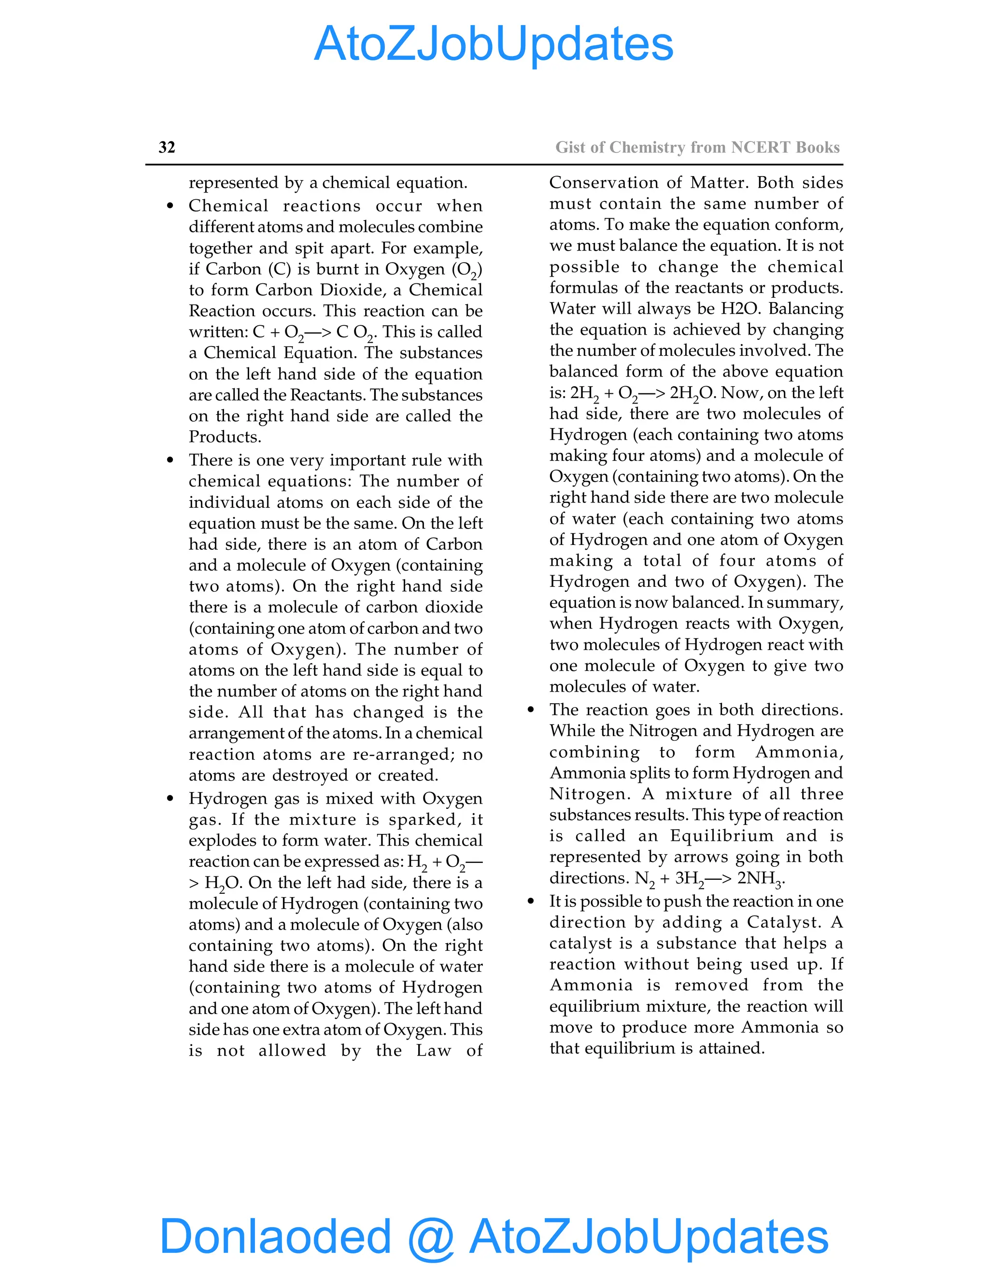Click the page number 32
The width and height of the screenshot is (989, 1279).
click(167, 147)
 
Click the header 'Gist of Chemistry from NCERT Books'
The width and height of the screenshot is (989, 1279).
click(697, 147)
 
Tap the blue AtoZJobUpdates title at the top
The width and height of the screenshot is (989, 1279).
click(494, 44)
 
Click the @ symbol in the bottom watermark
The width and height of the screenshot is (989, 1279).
click(431, 1237)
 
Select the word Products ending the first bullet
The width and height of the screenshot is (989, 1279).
click(225, 437)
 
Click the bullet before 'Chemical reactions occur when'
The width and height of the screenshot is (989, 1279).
click(170, 206)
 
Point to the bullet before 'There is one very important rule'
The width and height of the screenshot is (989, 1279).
click(170, 460)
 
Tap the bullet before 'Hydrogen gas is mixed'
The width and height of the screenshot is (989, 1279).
click(170, 799)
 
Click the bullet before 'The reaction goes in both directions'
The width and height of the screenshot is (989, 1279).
click(531, 710)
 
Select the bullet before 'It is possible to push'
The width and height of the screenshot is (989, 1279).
click(531, 901)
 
